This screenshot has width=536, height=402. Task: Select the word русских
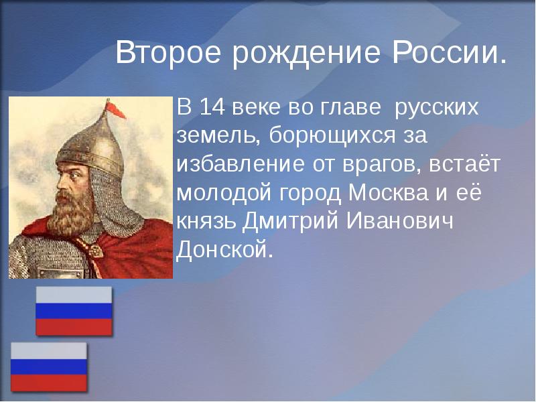click(436, 108)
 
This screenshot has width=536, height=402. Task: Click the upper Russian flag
click(74, 311)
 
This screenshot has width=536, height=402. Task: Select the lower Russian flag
click(49, 366)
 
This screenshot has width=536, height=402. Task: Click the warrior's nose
click(52, 178)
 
